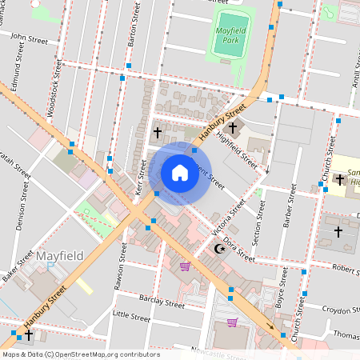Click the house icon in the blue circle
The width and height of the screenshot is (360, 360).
click(180, 173)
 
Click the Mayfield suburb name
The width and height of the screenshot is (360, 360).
click(58, 256)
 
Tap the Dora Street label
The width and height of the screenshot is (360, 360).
click(238, 249)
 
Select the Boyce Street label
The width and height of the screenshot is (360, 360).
click(280, 298)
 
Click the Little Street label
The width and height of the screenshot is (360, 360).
click(131, 318)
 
